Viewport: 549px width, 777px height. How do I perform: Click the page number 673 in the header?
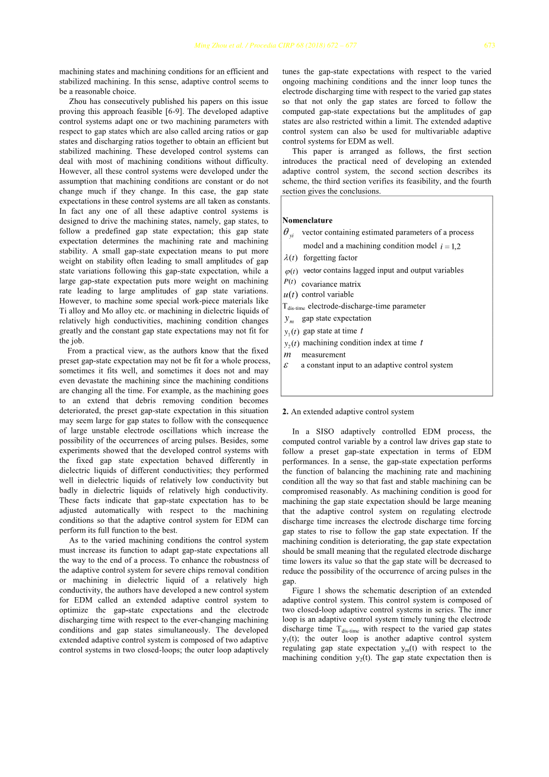[489, 46]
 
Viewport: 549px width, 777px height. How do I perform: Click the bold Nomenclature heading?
[307, 220]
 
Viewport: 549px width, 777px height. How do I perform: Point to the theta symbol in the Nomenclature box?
[287, 232]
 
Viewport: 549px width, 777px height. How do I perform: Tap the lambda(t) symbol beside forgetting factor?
[291, 258]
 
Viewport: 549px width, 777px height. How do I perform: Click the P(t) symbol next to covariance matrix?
[290, 282]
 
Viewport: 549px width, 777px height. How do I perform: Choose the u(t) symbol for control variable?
[290, 294]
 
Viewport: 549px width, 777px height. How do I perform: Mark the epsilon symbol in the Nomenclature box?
[287, 365]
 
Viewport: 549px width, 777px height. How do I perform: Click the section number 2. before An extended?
[285, 411]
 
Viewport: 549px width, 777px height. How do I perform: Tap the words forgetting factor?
[331, 258]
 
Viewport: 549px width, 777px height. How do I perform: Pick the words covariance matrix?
[331, 284]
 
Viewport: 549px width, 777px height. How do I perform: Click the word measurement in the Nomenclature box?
[323, 355]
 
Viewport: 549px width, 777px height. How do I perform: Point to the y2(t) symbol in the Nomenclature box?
[291, 343]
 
